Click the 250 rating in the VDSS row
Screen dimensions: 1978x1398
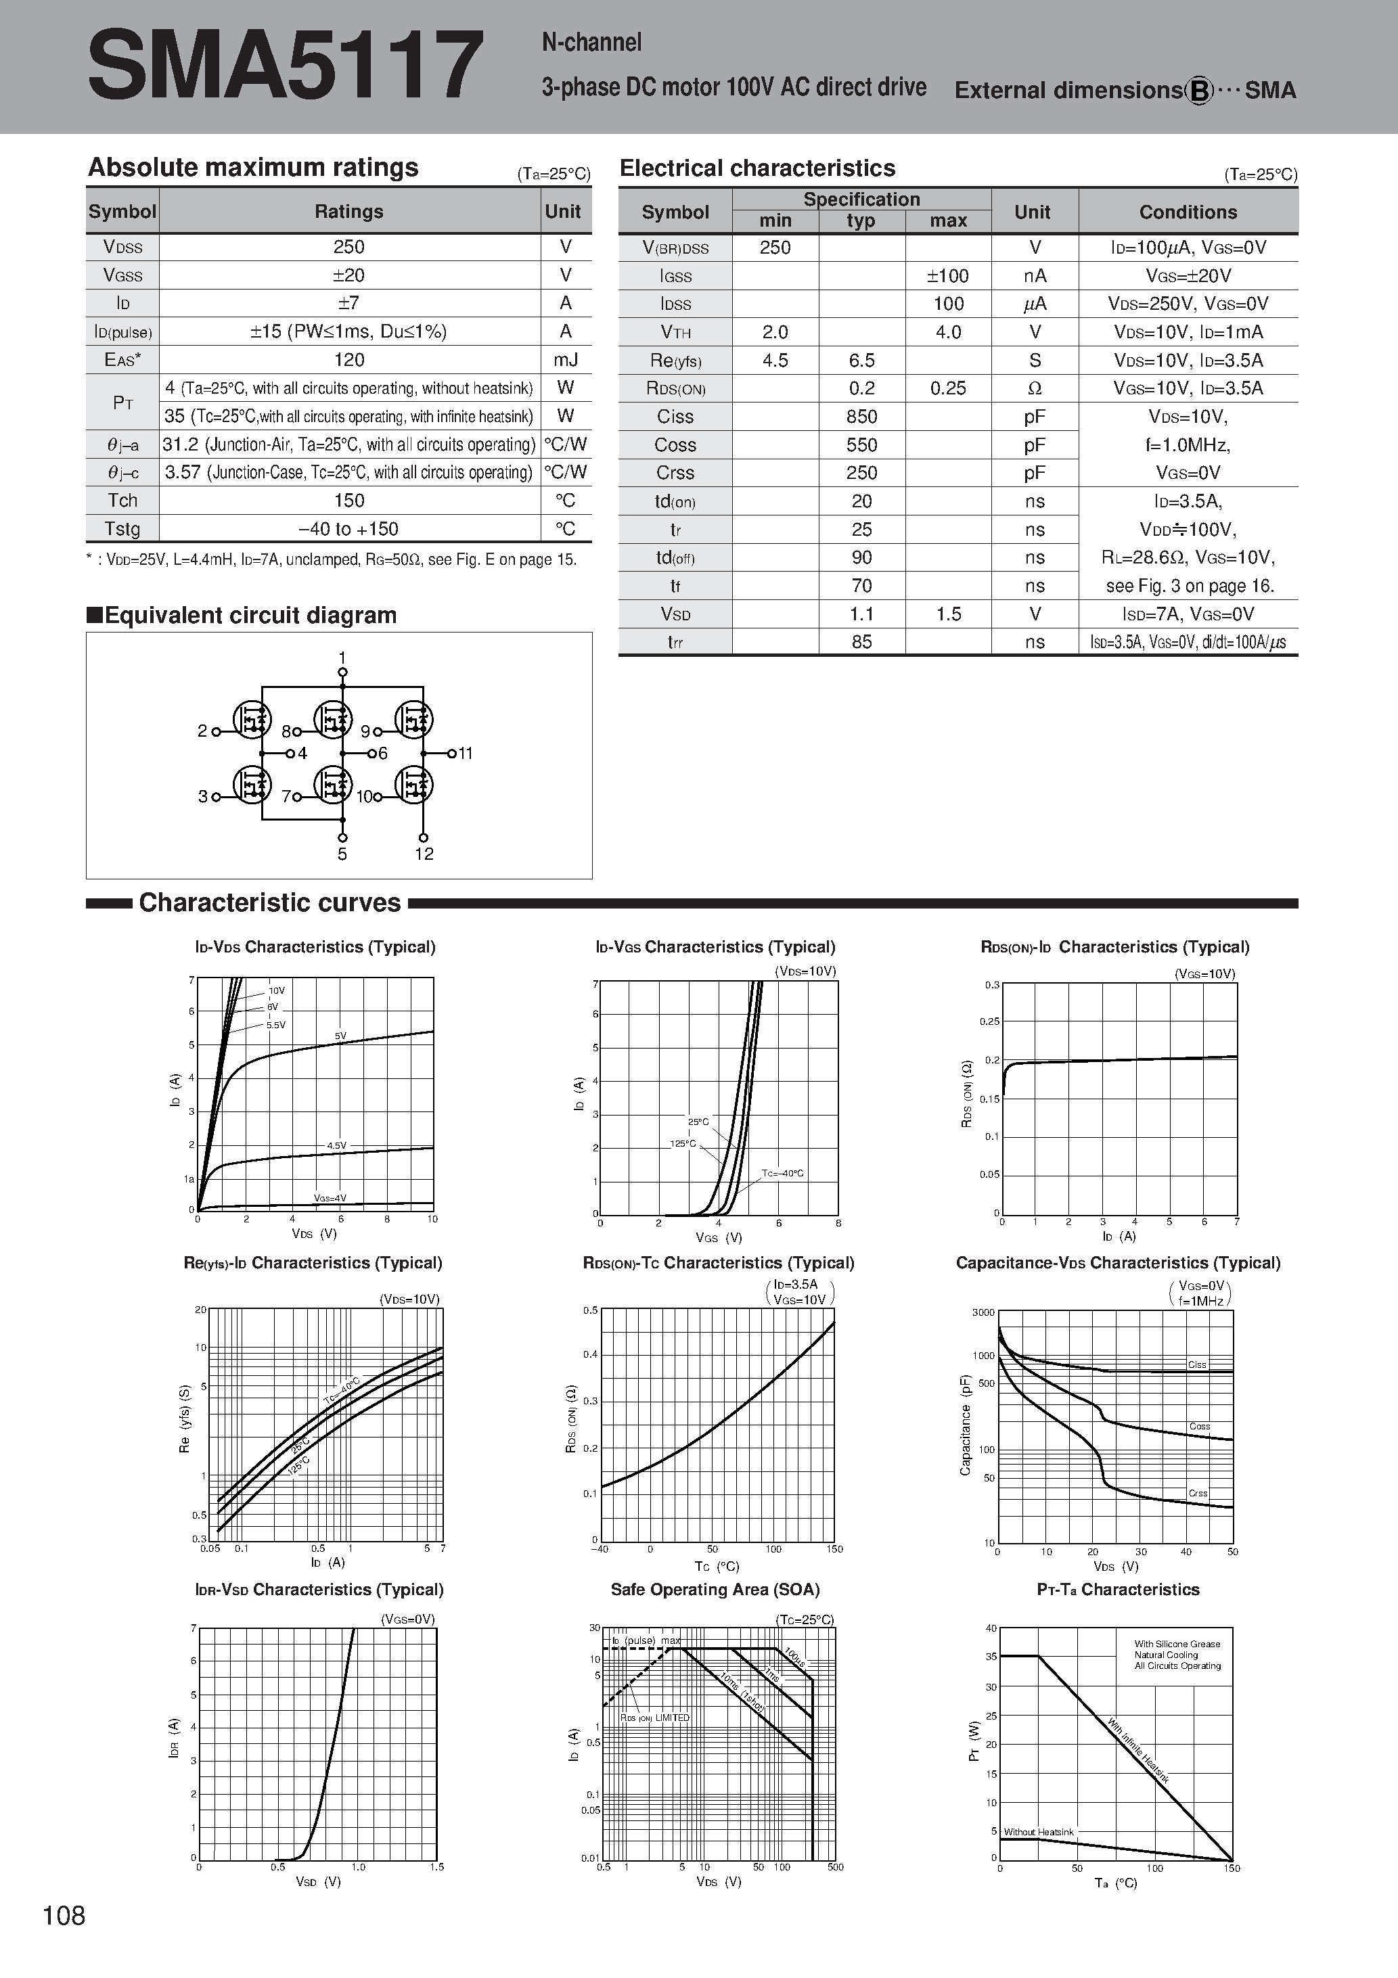349,248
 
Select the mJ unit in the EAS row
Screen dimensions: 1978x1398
566,360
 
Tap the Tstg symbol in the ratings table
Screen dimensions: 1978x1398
122,529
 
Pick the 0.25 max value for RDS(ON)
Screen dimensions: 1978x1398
947,388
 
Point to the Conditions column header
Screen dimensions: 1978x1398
1187,212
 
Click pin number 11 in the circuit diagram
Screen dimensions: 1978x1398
466,754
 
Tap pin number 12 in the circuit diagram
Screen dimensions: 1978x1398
424,854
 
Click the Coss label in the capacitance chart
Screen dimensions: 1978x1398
1199,1427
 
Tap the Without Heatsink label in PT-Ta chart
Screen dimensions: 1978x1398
1039,1832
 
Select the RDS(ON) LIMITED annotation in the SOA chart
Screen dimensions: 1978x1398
655,1718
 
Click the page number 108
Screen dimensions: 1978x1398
64,1915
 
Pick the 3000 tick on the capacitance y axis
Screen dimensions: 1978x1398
983,1313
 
